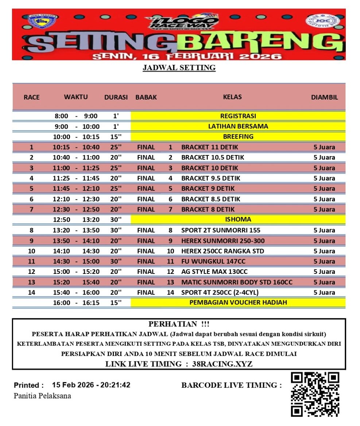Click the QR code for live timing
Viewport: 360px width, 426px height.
coord(315,394)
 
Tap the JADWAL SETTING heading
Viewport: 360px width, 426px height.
coord(179,68)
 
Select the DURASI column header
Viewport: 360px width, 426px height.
coord(116,97)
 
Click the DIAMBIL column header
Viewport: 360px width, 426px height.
coord(324,97)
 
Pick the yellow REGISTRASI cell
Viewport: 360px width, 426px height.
coord(238,116)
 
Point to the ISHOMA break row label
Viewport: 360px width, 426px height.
coord(238,220)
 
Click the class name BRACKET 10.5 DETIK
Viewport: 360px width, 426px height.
coord(213,158)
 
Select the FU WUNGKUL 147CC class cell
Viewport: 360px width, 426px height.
coord(213,262)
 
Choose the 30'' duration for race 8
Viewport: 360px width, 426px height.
coord(116,230)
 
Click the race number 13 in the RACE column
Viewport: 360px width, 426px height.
coord(32,282)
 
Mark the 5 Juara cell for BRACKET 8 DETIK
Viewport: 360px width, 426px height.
coord(324,209)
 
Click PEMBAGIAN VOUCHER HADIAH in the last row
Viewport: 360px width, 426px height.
coord(238,302)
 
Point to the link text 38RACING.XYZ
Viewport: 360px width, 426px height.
coord(222,364)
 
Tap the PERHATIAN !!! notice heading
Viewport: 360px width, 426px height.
coord(179,324)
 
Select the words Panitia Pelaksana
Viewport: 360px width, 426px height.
coord(42,396)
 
